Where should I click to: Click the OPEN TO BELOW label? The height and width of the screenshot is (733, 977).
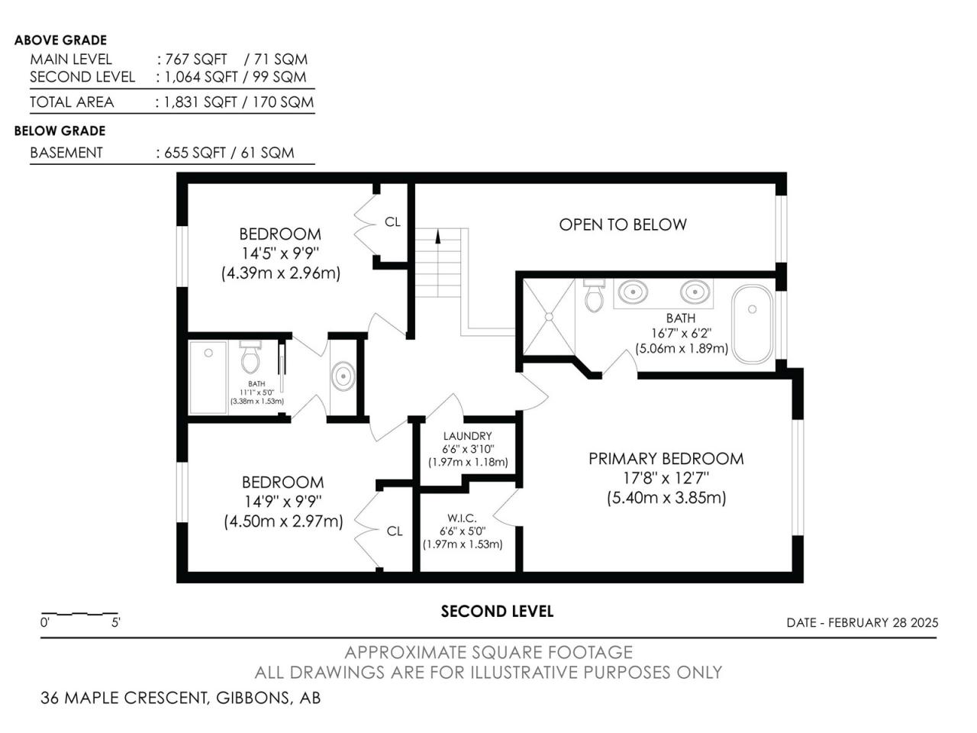tap(622, 224)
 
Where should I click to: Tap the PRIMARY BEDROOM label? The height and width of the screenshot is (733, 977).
tap(666, 458)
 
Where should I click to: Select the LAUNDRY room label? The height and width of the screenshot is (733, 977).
tap(467, 436)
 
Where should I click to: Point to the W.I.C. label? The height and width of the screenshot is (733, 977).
tap(462, 518)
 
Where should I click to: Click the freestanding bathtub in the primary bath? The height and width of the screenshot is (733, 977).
tap(753, 324)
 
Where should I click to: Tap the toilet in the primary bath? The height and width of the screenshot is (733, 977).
tap(594, 295)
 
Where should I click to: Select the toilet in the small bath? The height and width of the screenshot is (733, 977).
tap(250, 357)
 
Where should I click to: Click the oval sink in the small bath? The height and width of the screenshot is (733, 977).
tap(343, 376)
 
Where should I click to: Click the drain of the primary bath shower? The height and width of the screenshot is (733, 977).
tap(549, 316)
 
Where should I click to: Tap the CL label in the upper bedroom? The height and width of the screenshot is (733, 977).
tap(392, 221)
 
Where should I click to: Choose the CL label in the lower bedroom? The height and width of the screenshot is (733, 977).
tap(395, 531)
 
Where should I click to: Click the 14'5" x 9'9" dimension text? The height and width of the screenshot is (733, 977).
tap(280, 253)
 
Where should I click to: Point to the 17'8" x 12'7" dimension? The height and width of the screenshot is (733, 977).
tap(666, 478)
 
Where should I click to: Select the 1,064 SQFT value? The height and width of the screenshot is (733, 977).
tap(202, 77)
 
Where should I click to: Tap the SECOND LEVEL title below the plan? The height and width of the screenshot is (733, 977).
tap(497, 612)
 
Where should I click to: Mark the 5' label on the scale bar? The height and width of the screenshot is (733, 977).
tap(116, 622)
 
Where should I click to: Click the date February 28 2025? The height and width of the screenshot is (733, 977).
tap(883, 622)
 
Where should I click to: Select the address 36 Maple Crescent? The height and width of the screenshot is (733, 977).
tap(124, 698)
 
